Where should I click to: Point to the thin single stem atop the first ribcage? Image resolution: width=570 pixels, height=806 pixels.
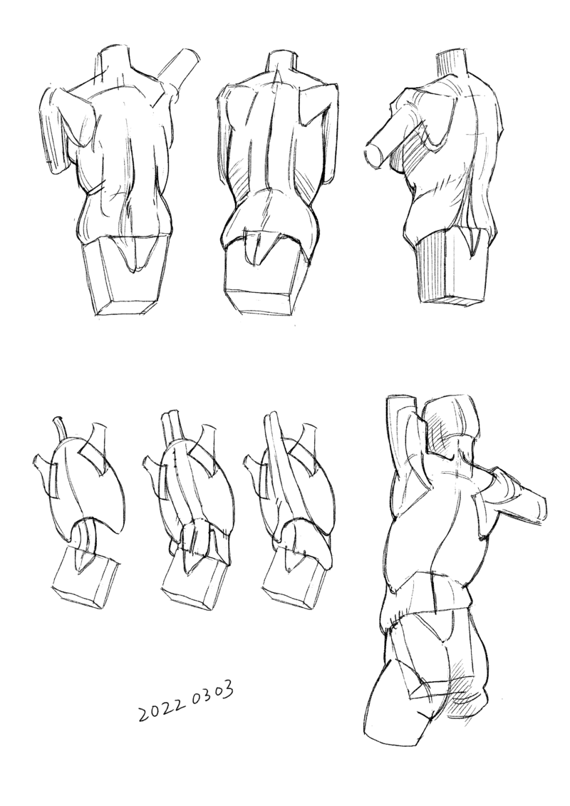60,430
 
